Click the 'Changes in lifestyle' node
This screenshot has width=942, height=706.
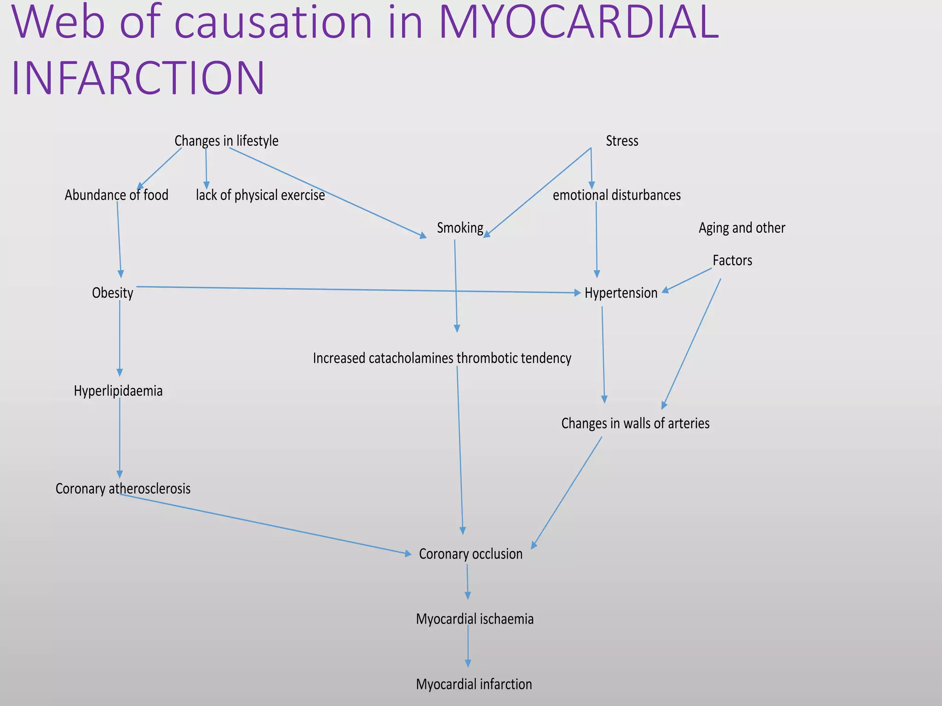[226, 141]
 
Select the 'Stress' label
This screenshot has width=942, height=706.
[622, 141]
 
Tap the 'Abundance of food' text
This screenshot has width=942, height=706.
[116, 195]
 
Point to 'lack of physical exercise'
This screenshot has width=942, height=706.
[260, 195]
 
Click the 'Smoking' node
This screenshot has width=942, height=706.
[460, 228]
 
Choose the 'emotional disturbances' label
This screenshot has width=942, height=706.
[616, 195]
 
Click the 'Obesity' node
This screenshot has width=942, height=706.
[113, 293]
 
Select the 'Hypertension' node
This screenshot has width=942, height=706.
[621, 293]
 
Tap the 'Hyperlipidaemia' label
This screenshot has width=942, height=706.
[118, 391]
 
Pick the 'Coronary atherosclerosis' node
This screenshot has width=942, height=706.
[123, 489]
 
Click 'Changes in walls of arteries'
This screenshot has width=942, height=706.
[635, 423]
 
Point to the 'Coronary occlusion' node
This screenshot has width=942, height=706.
[471, 554]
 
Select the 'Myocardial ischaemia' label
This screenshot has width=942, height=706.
[475, 619]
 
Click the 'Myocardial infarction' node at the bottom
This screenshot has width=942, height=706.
[474, 684]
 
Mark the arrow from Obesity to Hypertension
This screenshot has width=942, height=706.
[359, 290]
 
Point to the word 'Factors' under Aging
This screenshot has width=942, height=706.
[732, 261]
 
